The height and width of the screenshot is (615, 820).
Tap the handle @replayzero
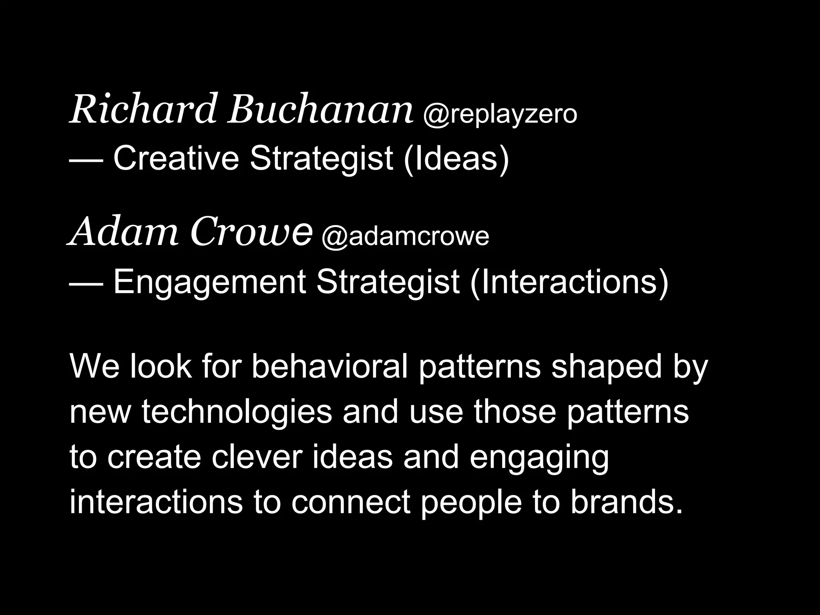click(500, 114)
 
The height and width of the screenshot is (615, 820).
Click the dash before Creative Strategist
click(86, 159)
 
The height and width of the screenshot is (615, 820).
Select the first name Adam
click(123, 232)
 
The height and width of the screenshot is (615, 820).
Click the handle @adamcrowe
click(405, 237)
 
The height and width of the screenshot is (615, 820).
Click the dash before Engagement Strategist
click(86, 283)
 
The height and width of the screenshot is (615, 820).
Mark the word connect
click(351, 502)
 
